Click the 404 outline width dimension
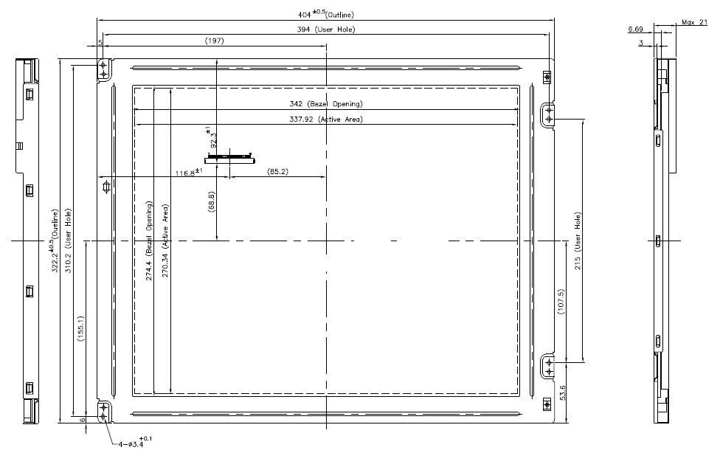pyautogui.click(x=325, y=13)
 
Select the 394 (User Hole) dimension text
pyautogui.click(x=325, y=29)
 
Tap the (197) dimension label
pyautogui.click(x=214, y=41)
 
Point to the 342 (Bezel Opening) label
pyautogui.click(x=326, y=104)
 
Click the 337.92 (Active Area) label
pyautogui.click(x=326, y=119)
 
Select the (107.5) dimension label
pyautogui.click(x=561, y=303)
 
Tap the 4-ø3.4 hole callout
pyautogui.click(x=134, y=443)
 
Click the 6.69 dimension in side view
pyautogui.click(x=634, y=29)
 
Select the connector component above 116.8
pyautogui.click(x=229, y=158)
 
